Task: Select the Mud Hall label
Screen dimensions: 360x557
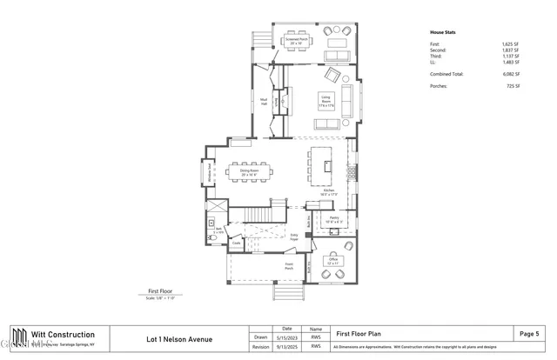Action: pos(262,100)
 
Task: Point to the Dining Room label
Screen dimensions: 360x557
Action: pos(250,171)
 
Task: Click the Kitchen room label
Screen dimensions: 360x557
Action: pos(330,191)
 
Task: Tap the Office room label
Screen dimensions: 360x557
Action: pos(332,260)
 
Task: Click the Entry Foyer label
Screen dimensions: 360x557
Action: pos(294,237)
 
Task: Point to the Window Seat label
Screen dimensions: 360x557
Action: pos(210,173)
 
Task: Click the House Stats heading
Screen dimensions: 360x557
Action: pos(443,32)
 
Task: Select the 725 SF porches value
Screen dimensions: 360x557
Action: pos(513,86)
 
